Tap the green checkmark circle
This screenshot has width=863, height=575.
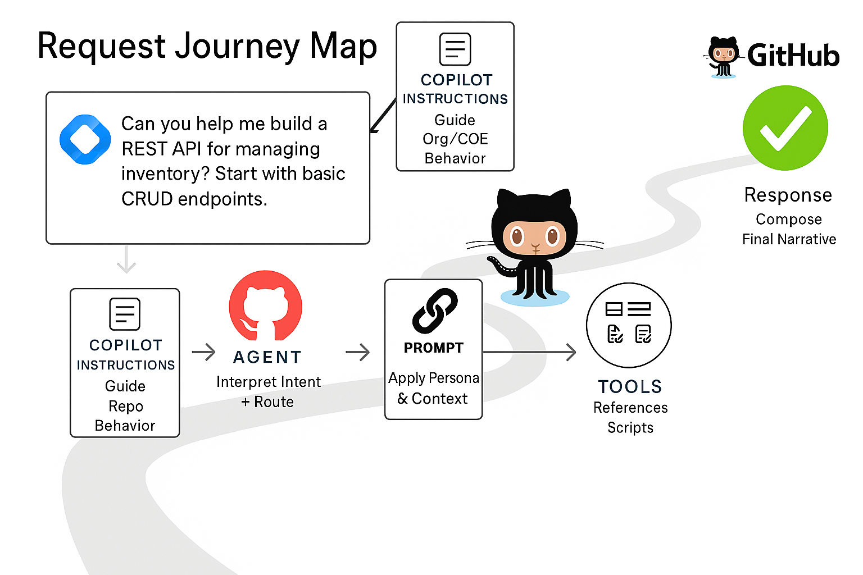click(x=785, y=128)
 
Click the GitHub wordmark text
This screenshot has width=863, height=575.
click(x=793, y=56)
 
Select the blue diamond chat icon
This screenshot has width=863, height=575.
click(x=85, y=139)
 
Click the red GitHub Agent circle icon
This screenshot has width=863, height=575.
click(x=265, y=306)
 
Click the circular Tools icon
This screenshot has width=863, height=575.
click(x=629, y=325)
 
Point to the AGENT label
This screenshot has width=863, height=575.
click(x=267, y=357)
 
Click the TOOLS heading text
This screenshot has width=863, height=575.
click(x=630, y=387)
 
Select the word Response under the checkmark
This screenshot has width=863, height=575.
click(x=788, y=195)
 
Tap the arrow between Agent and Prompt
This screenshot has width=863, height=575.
click(x=357, y=352)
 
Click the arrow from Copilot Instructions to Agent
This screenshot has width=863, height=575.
click(x=203, y=352)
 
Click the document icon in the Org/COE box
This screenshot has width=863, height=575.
click(x=455, y=49)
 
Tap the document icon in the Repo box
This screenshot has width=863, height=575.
click(x=125, y=314)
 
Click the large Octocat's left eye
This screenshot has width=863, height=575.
click(x=516, y=236)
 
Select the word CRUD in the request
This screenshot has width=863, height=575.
click(x=147, y=199)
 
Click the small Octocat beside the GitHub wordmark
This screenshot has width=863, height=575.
click(x=723, y=56)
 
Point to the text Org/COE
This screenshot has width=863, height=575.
click(x=455, y=139)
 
